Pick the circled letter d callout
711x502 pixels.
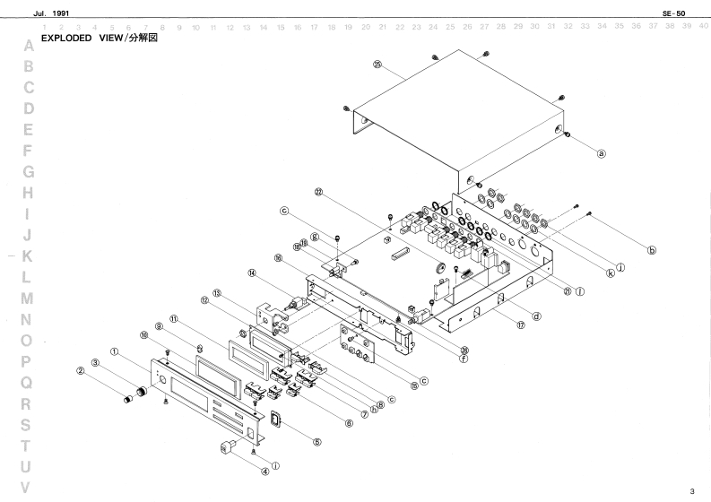535,316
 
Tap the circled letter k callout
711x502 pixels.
611,274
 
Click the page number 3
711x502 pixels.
690,491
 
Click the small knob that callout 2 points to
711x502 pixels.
139,394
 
